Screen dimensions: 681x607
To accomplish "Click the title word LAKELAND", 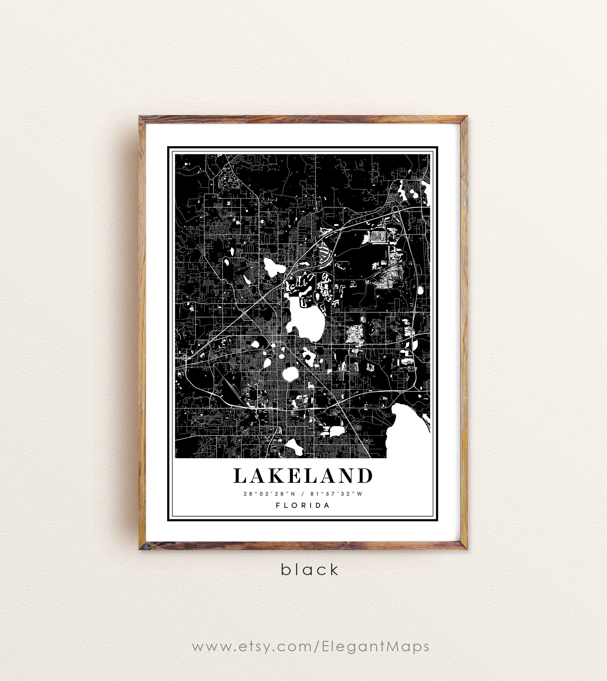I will click(x=303, y=476).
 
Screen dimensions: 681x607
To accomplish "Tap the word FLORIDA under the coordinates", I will click(x=303, y=505).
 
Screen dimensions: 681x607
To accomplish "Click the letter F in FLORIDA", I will click(x=278, y=505).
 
